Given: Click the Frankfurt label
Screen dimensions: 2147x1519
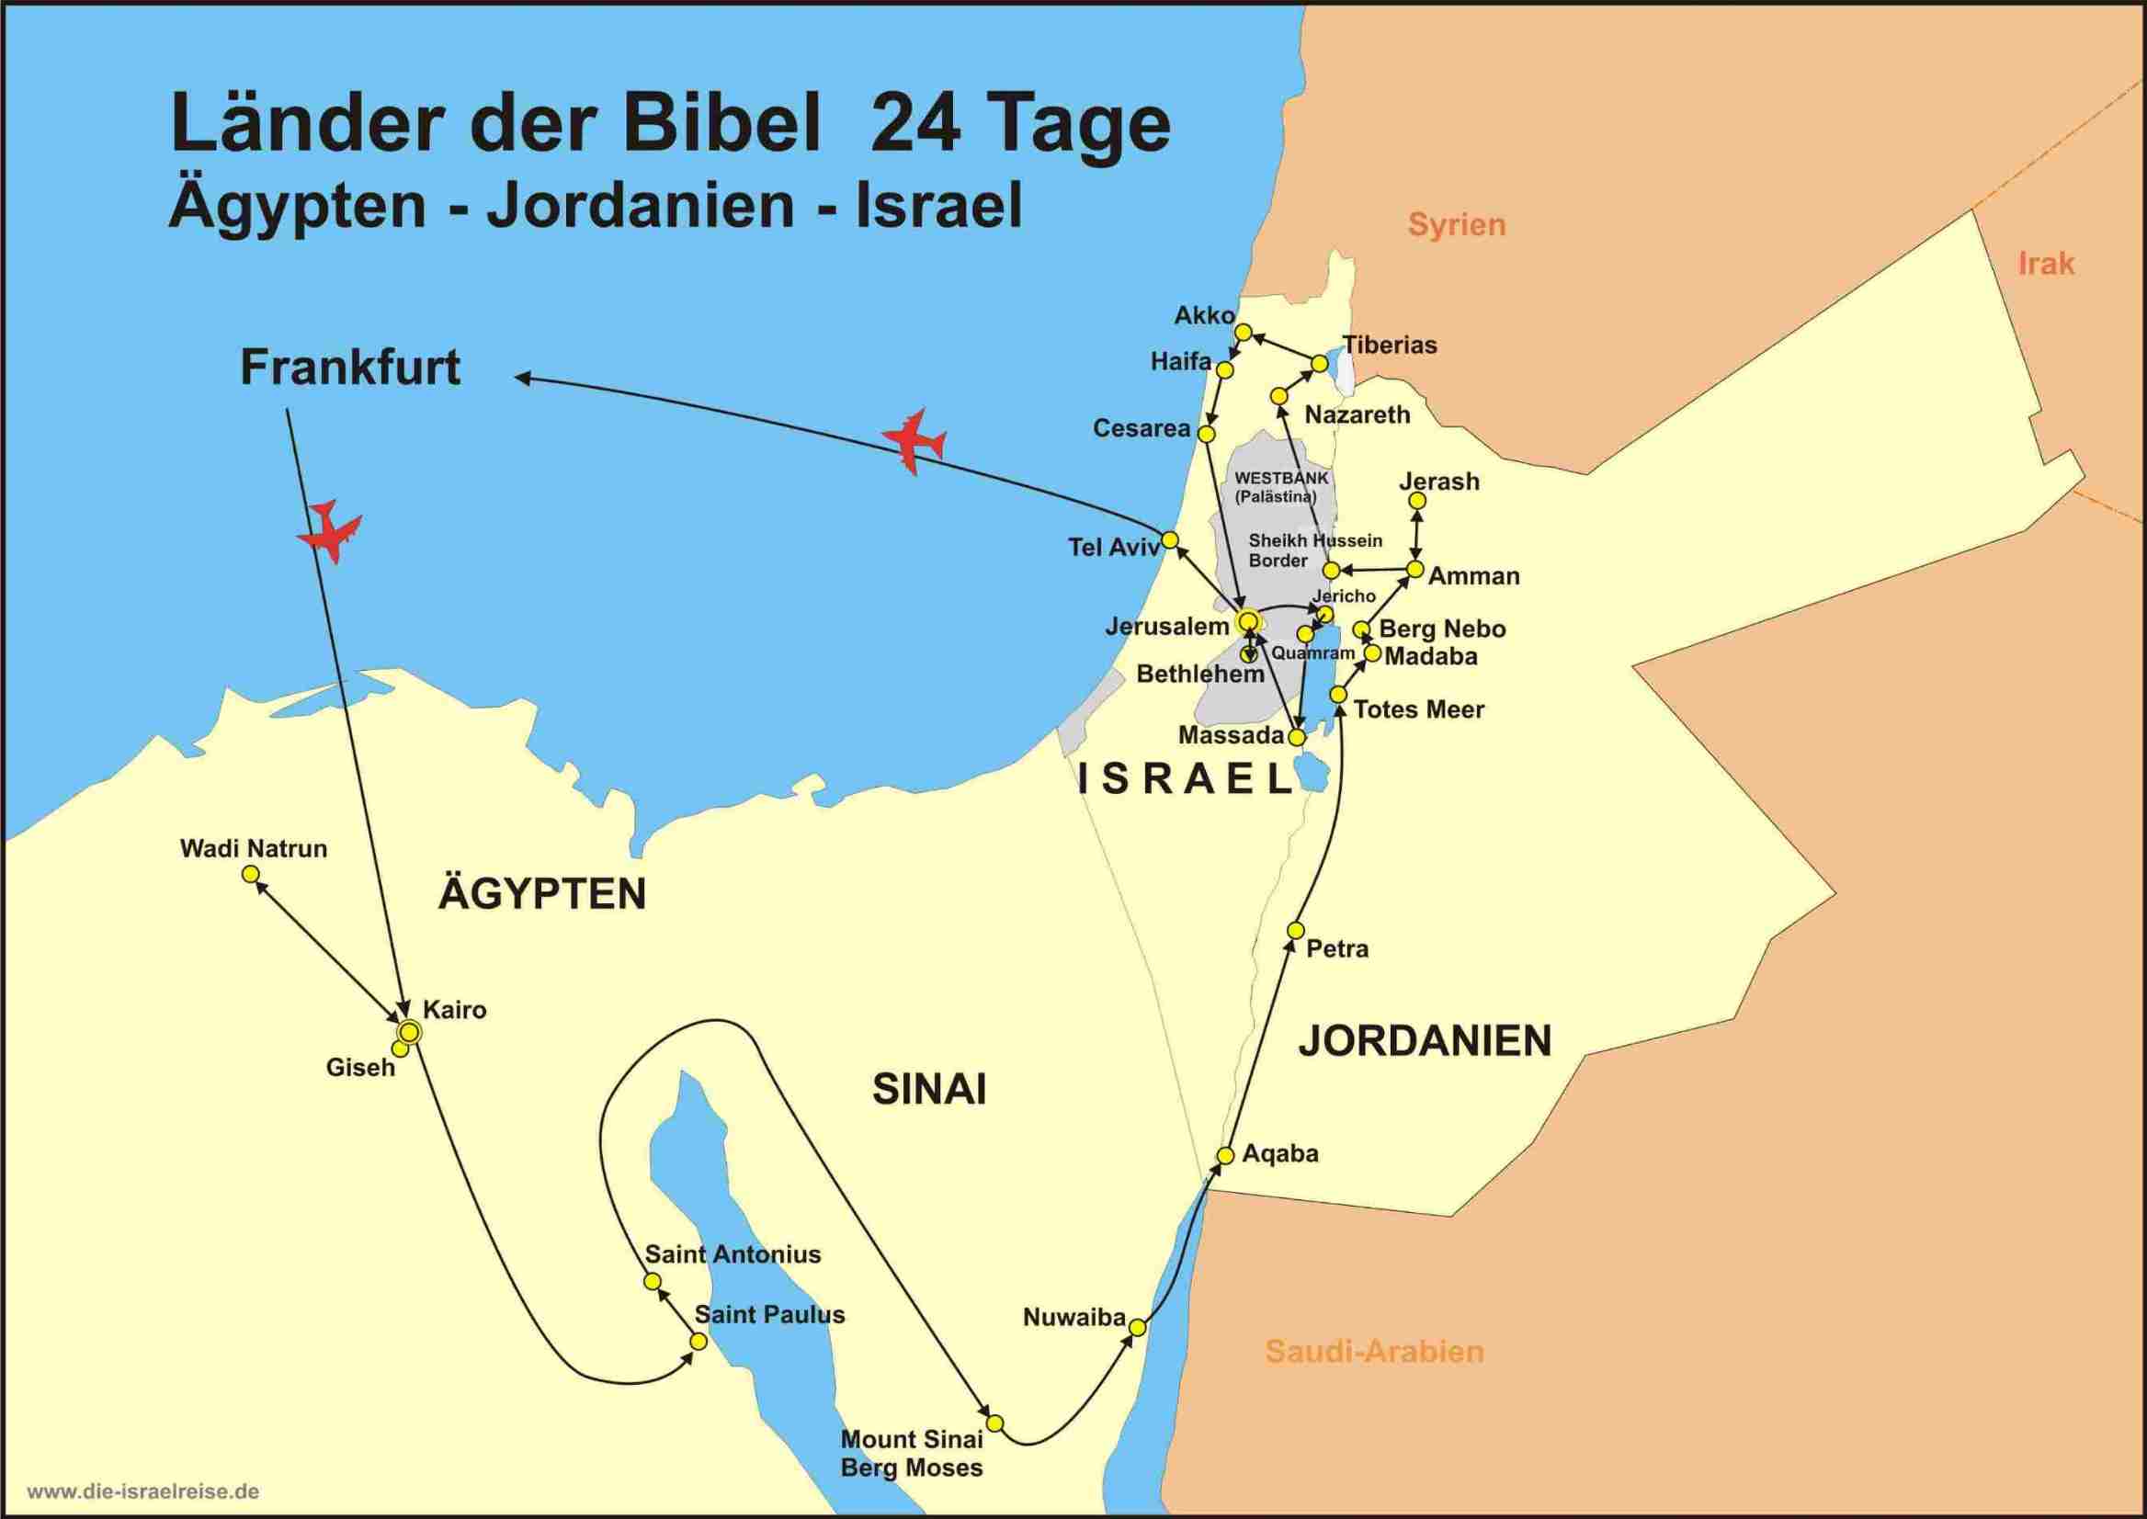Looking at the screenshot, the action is click(350, 368).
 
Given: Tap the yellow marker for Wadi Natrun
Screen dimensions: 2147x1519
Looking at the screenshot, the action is click(250, 874).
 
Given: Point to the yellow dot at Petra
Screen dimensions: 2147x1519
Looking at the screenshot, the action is click(1296, 930).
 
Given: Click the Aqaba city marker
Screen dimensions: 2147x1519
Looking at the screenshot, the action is click(1224, 1155).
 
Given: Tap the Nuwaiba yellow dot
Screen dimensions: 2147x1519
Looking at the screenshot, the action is click(1138, 1327).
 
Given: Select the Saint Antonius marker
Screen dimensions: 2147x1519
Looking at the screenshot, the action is click(653, 1281).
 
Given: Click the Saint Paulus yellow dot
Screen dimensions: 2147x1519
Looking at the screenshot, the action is click(698, 1342).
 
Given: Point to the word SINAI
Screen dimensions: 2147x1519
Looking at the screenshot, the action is click(929, 1090).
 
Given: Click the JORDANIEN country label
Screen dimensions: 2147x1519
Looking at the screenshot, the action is click(1425, 1041).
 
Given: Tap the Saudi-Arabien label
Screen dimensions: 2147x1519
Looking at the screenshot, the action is click(1374, 1352).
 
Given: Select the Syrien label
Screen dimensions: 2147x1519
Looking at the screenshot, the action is click(1457, 224).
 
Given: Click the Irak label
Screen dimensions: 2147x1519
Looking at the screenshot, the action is click(2046, 264).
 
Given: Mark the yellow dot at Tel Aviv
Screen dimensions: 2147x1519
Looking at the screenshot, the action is click(1169, 539).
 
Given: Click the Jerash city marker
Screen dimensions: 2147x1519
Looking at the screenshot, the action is click(1417, 502).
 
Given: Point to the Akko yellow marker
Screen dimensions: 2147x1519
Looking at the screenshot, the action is click(1244, 332).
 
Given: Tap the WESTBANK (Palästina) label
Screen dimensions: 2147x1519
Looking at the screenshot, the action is click(1280, 486).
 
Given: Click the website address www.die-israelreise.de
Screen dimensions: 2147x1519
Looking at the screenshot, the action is click(143, 1491).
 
